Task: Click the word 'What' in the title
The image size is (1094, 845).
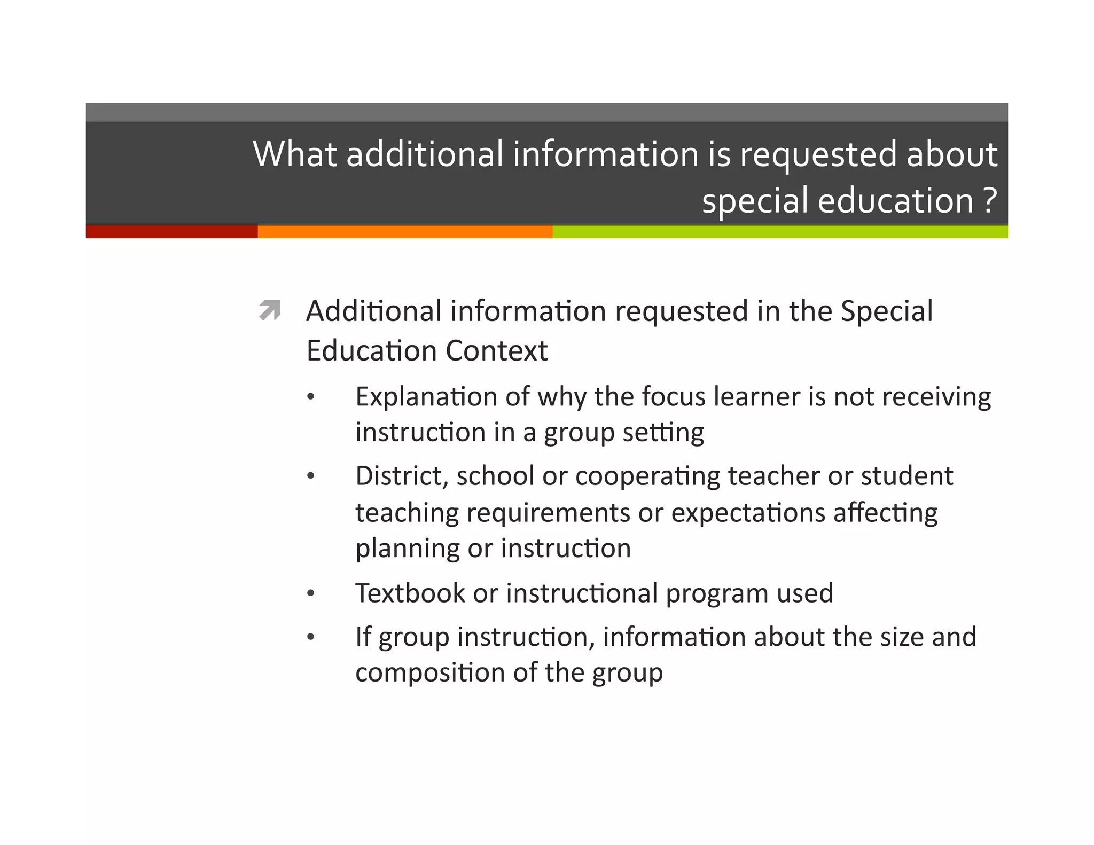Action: click(x=294, y=154)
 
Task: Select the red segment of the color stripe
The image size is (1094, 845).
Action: click(x=171, y=232)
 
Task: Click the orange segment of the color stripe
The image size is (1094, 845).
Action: click(x=405, y=232)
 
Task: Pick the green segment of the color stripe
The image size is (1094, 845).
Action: click(x=780, y=232)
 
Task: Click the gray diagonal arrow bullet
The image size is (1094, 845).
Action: click(x=270, y=310)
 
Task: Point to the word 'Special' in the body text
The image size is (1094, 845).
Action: click(x=887, y=311)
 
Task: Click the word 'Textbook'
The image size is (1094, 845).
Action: click(x=410, y=593)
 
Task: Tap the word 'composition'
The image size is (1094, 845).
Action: click(x=430, y=672)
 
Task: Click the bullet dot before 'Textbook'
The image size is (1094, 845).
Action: click(x=311, y=594)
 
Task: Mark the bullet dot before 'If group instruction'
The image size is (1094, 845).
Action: click(x=311, y=637)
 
